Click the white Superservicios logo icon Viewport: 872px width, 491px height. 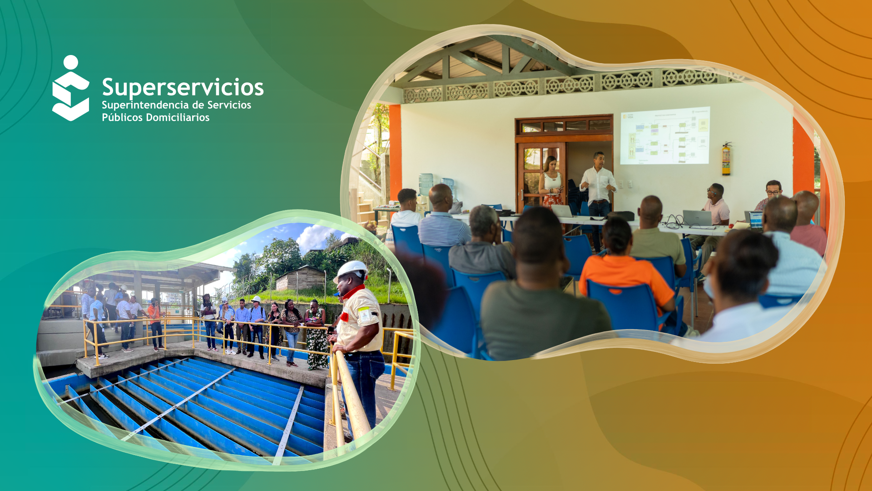point(70,89)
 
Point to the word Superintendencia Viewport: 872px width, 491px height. point(145,105)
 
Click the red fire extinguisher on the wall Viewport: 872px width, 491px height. point(726,159)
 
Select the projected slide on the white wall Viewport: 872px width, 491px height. point(665,135)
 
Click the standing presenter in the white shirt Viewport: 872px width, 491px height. point(599,186)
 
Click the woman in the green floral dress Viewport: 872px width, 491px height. point(316,336)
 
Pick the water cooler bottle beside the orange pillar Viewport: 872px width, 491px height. point(426,184)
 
